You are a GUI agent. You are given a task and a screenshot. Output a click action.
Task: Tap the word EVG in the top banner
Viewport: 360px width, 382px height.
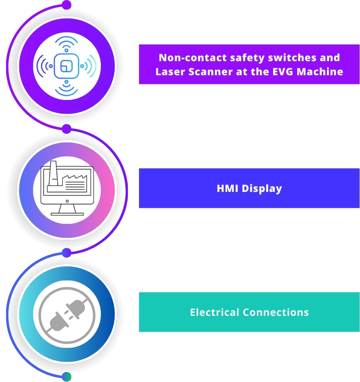pyautogui.click(x=286, y=71)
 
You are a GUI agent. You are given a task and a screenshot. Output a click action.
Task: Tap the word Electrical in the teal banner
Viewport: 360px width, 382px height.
pyautogui.click(x=215, y=312)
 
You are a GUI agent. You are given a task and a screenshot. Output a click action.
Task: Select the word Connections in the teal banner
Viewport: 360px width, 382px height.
pyautogui.click(x=276, y=312)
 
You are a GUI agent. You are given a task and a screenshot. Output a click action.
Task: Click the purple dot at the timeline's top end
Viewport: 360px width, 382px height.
pyautogui.click(x=67, y=5)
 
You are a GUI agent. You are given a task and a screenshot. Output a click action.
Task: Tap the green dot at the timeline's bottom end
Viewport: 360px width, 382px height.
pyautogui.click(x=67, y=376)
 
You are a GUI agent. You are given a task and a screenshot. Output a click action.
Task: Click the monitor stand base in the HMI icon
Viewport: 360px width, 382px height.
pyautogui.click(x=67, y=214)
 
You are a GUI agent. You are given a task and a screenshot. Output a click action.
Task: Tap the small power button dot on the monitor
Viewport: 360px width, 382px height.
pyautogui.click(x=67, y=201)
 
